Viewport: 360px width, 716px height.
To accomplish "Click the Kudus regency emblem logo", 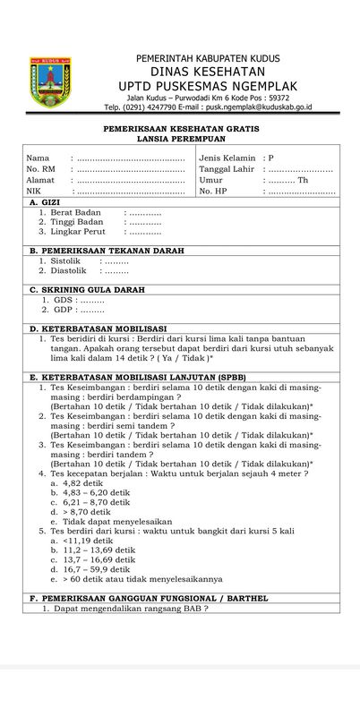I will point(45,83).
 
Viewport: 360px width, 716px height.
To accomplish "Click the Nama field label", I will point(37,158).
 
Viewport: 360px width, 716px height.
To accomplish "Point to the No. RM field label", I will point(40,168).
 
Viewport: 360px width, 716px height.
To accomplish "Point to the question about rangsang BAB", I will point(125,609).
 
